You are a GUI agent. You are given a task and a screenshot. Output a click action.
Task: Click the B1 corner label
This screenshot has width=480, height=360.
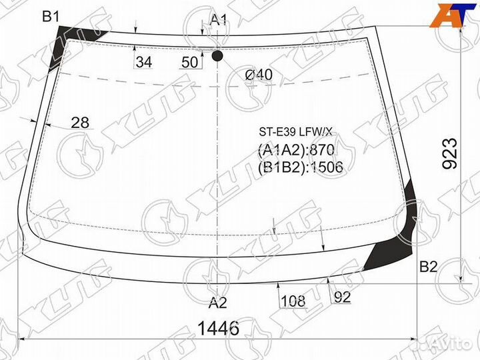click(51, 16)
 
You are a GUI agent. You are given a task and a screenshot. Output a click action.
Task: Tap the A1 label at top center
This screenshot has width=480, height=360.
click(219, 20)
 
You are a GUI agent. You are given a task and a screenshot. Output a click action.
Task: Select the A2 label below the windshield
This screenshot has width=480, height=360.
click(217, 303)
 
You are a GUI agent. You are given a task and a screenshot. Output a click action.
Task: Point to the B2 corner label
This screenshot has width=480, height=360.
click(428, 267)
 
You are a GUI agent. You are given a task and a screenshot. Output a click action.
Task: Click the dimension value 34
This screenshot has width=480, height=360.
click(144, 62)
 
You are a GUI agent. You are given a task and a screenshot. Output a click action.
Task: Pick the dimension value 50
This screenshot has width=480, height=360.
click(189, 63)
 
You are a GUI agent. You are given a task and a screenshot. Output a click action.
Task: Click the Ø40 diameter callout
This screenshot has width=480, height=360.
click(259, 75)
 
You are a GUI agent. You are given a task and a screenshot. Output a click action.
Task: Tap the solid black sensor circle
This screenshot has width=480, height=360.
click(217, 55)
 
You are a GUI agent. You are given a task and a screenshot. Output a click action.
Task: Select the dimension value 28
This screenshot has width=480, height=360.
click(80, 123)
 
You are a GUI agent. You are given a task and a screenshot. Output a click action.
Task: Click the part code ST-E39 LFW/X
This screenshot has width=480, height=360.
click(295, 132)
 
